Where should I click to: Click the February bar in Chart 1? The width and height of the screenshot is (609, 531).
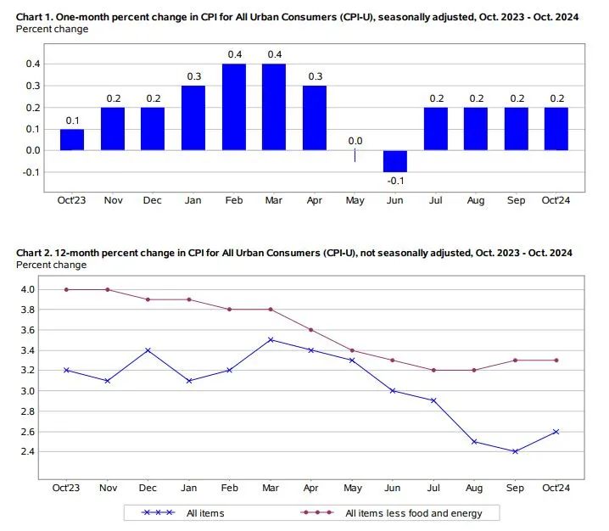(233, 107)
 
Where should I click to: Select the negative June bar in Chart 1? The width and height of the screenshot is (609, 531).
(394, 161)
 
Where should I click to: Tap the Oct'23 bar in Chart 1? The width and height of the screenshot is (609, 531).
(72, 140)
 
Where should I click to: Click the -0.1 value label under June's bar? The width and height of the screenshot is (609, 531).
(394, 181)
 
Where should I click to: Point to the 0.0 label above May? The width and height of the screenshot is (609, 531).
(355, 141)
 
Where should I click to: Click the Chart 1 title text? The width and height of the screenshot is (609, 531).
(298, 17)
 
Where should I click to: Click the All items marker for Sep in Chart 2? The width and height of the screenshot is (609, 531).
(516, 451)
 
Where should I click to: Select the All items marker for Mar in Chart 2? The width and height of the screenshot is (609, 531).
(270, 340)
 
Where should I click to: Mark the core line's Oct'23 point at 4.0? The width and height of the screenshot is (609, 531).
(67, 289)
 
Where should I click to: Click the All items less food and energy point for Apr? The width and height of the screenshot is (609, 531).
(310, 330)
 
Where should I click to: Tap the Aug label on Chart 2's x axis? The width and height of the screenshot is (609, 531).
(475, 489)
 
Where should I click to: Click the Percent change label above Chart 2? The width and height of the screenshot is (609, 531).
(51, 265)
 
